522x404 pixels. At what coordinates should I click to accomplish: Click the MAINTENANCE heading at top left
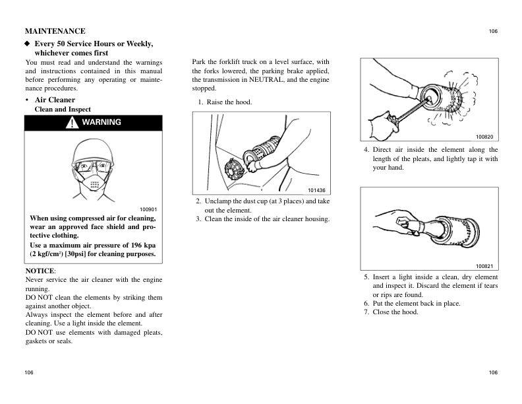(55, 31)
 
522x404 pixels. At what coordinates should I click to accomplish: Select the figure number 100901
(148, 209)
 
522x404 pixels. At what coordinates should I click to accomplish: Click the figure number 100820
(484, 137)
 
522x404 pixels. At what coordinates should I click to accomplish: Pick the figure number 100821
(484, 266)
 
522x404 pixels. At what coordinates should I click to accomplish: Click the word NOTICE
(40, 271)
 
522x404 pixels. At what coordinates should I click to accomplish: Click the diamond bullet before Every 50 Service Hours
(28, 44)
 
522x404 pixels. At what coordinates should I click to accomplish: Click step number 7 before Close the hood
(366, 312)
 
